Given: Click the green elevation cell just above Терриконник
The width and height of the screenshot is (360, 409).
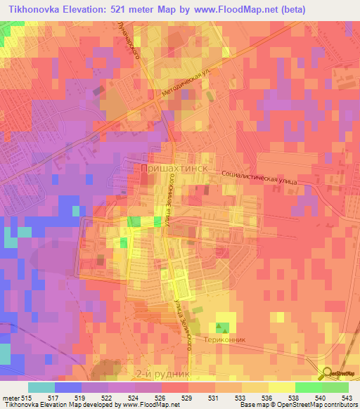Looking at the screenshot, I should click(223, 327).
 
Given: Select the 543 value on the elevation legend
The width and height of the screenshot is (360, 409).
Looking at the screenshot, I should click(344, 397).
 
